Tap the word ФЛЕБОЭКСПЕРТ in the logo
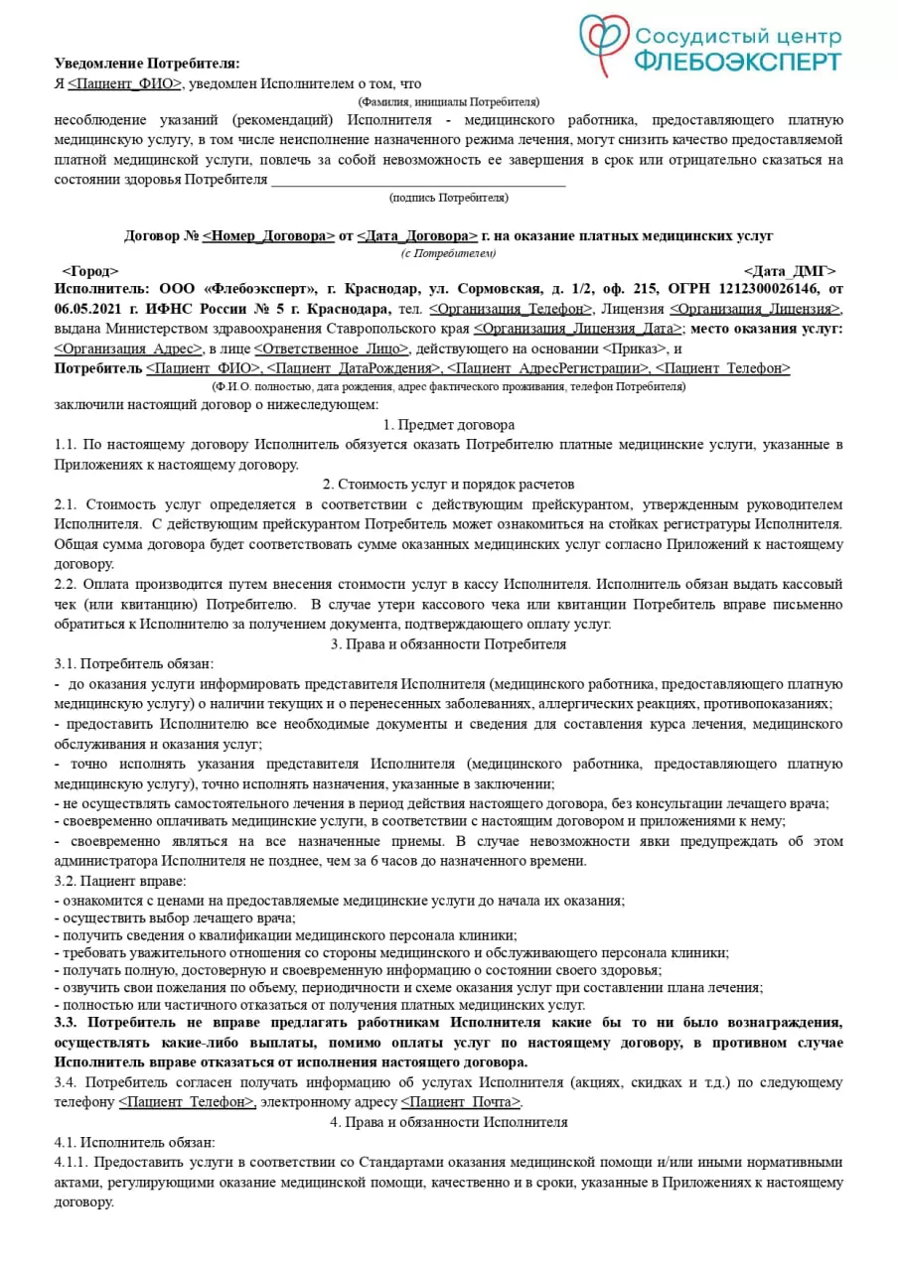pyautogui.click(x=737, y=62)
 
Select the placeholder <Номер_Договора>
pyautogui.click(x=268, y=236)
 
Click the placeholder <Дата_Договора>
pyautogui.click(x=417, y=236)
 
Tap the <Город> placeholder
pyautogui.click(x=89, y=271)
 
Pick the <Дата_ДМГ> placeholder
pyautogui.click(x=789, y=271)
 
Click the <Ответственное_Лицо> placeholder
pyautogui.click(x=331, y=349)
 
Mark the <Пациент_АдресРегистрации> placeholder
pyautogui.click(x=547, y=368)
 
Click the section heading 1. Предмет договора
pyautogui.click(x=449, y=424)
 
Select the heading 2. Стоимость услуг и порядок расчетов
pyautogui.click(x=449, y=485)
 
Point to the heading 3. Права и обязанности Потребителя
pyautogui.click(x=449, y=644)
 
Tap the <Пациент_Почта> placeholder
pyautogui.click(x=461, y=1102)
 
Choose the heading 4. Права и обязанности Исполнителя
pyautogui.click(x=449, y=1122)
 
